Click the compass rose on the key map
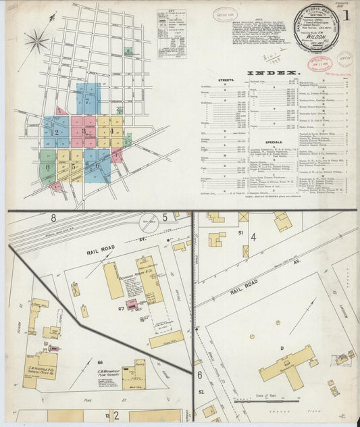(x=36, y=41)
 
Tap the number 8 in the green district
(x=48, y=166)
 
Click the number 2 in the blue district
(x=57, y=132)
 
